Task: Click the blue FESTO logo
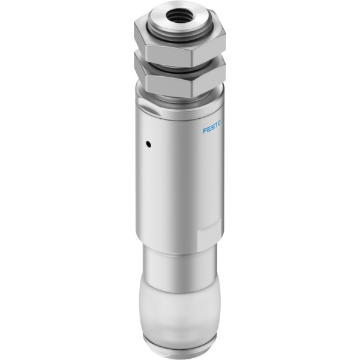point(211,127)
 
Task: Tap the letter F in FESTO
point(204,131)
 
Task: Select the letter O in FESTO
point(219,124)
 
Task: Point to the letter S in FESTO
point(212,127)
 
